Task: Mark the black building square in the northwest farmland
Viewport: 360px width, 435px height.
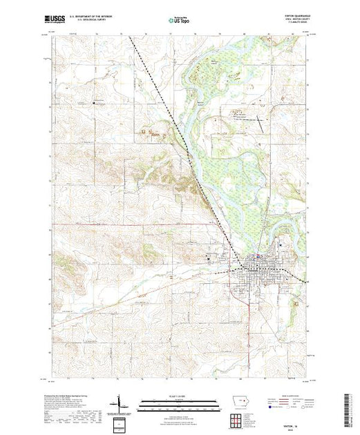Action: [x=95, y=104]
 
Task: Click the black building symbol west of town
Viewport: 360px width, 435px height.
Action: [x=211, y=259]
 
